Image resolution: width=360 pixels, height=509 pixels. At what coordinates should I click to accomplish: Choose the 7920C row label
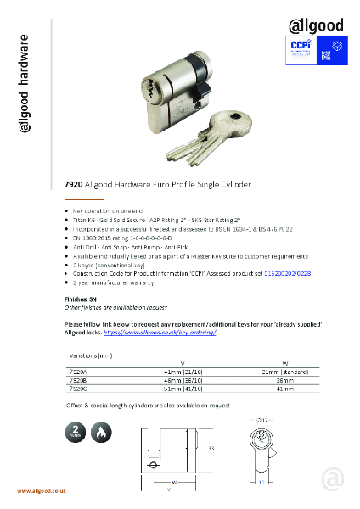(x=77, y=389)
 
